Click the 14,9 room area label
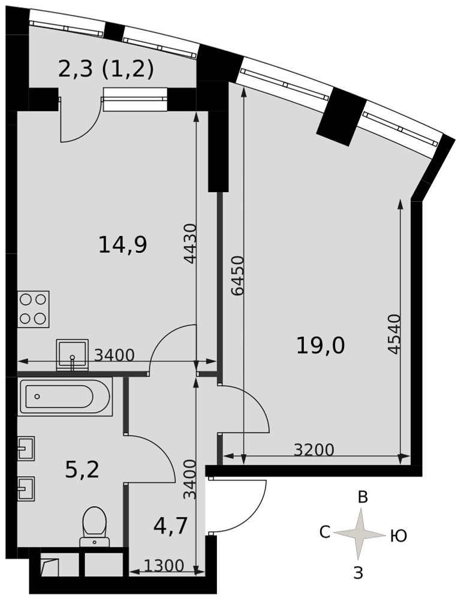123,245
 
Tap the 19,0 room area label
320,346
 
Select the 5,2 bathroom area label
82,470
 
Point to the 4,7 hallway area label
170,526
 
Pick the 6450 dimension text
238,276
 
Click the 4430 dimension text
190,244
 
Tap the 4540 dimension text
394,334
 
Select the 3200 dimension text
314,450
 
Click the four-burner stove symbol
33,309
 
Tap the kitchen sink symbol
73,355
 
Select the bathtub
65,397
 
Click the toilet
94,527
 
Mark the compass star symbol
359,534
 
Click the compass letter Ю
398,536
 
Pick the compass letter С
324,532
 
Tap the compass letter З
358,573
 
